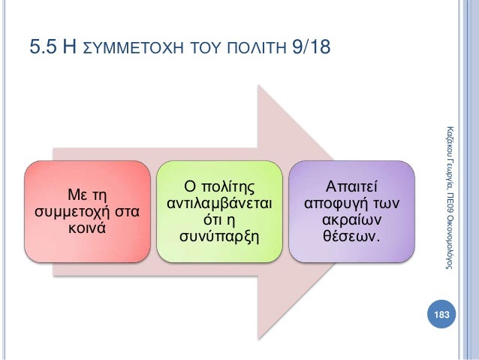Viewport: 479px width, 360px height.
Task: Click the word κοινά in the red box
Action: point(86,228)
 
